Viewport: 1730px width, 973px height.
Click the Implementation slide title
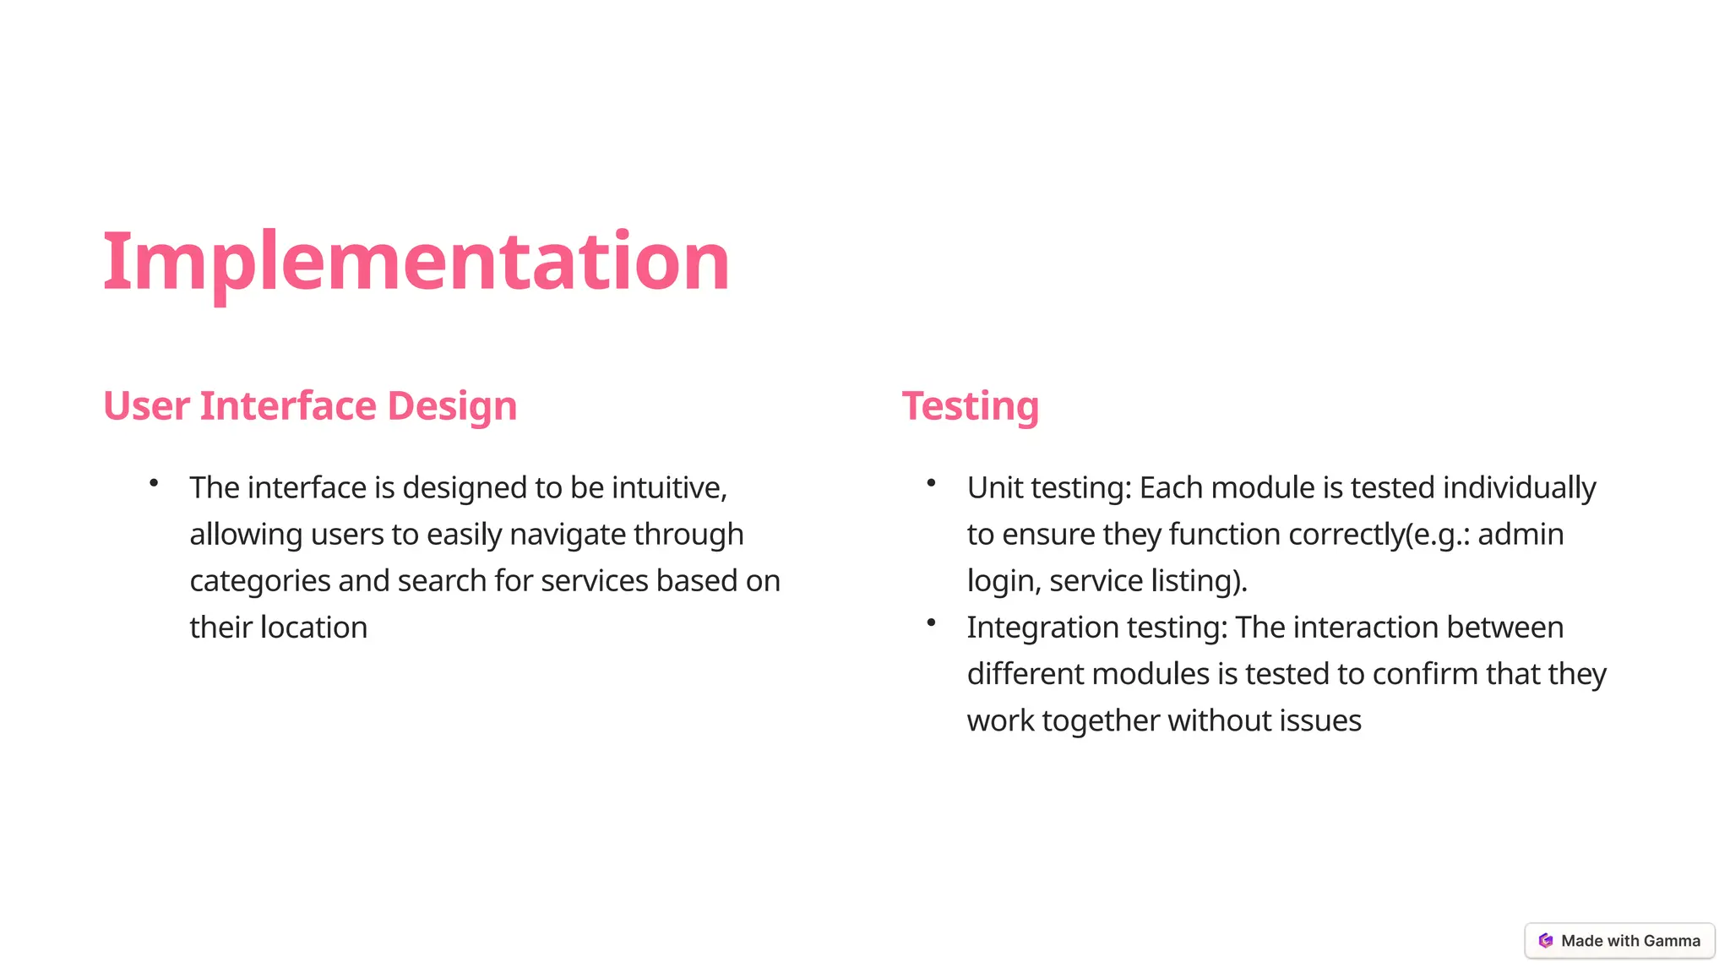click(416, 262)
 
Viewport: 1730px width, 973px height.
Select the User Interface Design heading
click(309, 406)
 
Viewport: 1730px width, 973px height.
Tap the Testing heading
click(970, 406)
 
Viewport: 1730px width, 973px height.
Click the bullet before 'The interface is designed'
click(154, 483)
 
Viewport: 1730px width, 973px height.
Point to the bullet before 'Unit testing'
click(931, 483)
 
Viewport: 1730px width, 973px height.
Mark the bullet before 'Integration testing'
click(931, 622)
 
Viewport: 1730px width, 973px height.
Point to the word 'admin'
click(1521, 535)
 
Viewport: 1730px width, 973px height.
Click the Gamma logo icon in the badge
click(1546, 941)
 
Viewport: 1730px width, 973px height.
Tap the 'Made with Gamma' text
click(1630, 941)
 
